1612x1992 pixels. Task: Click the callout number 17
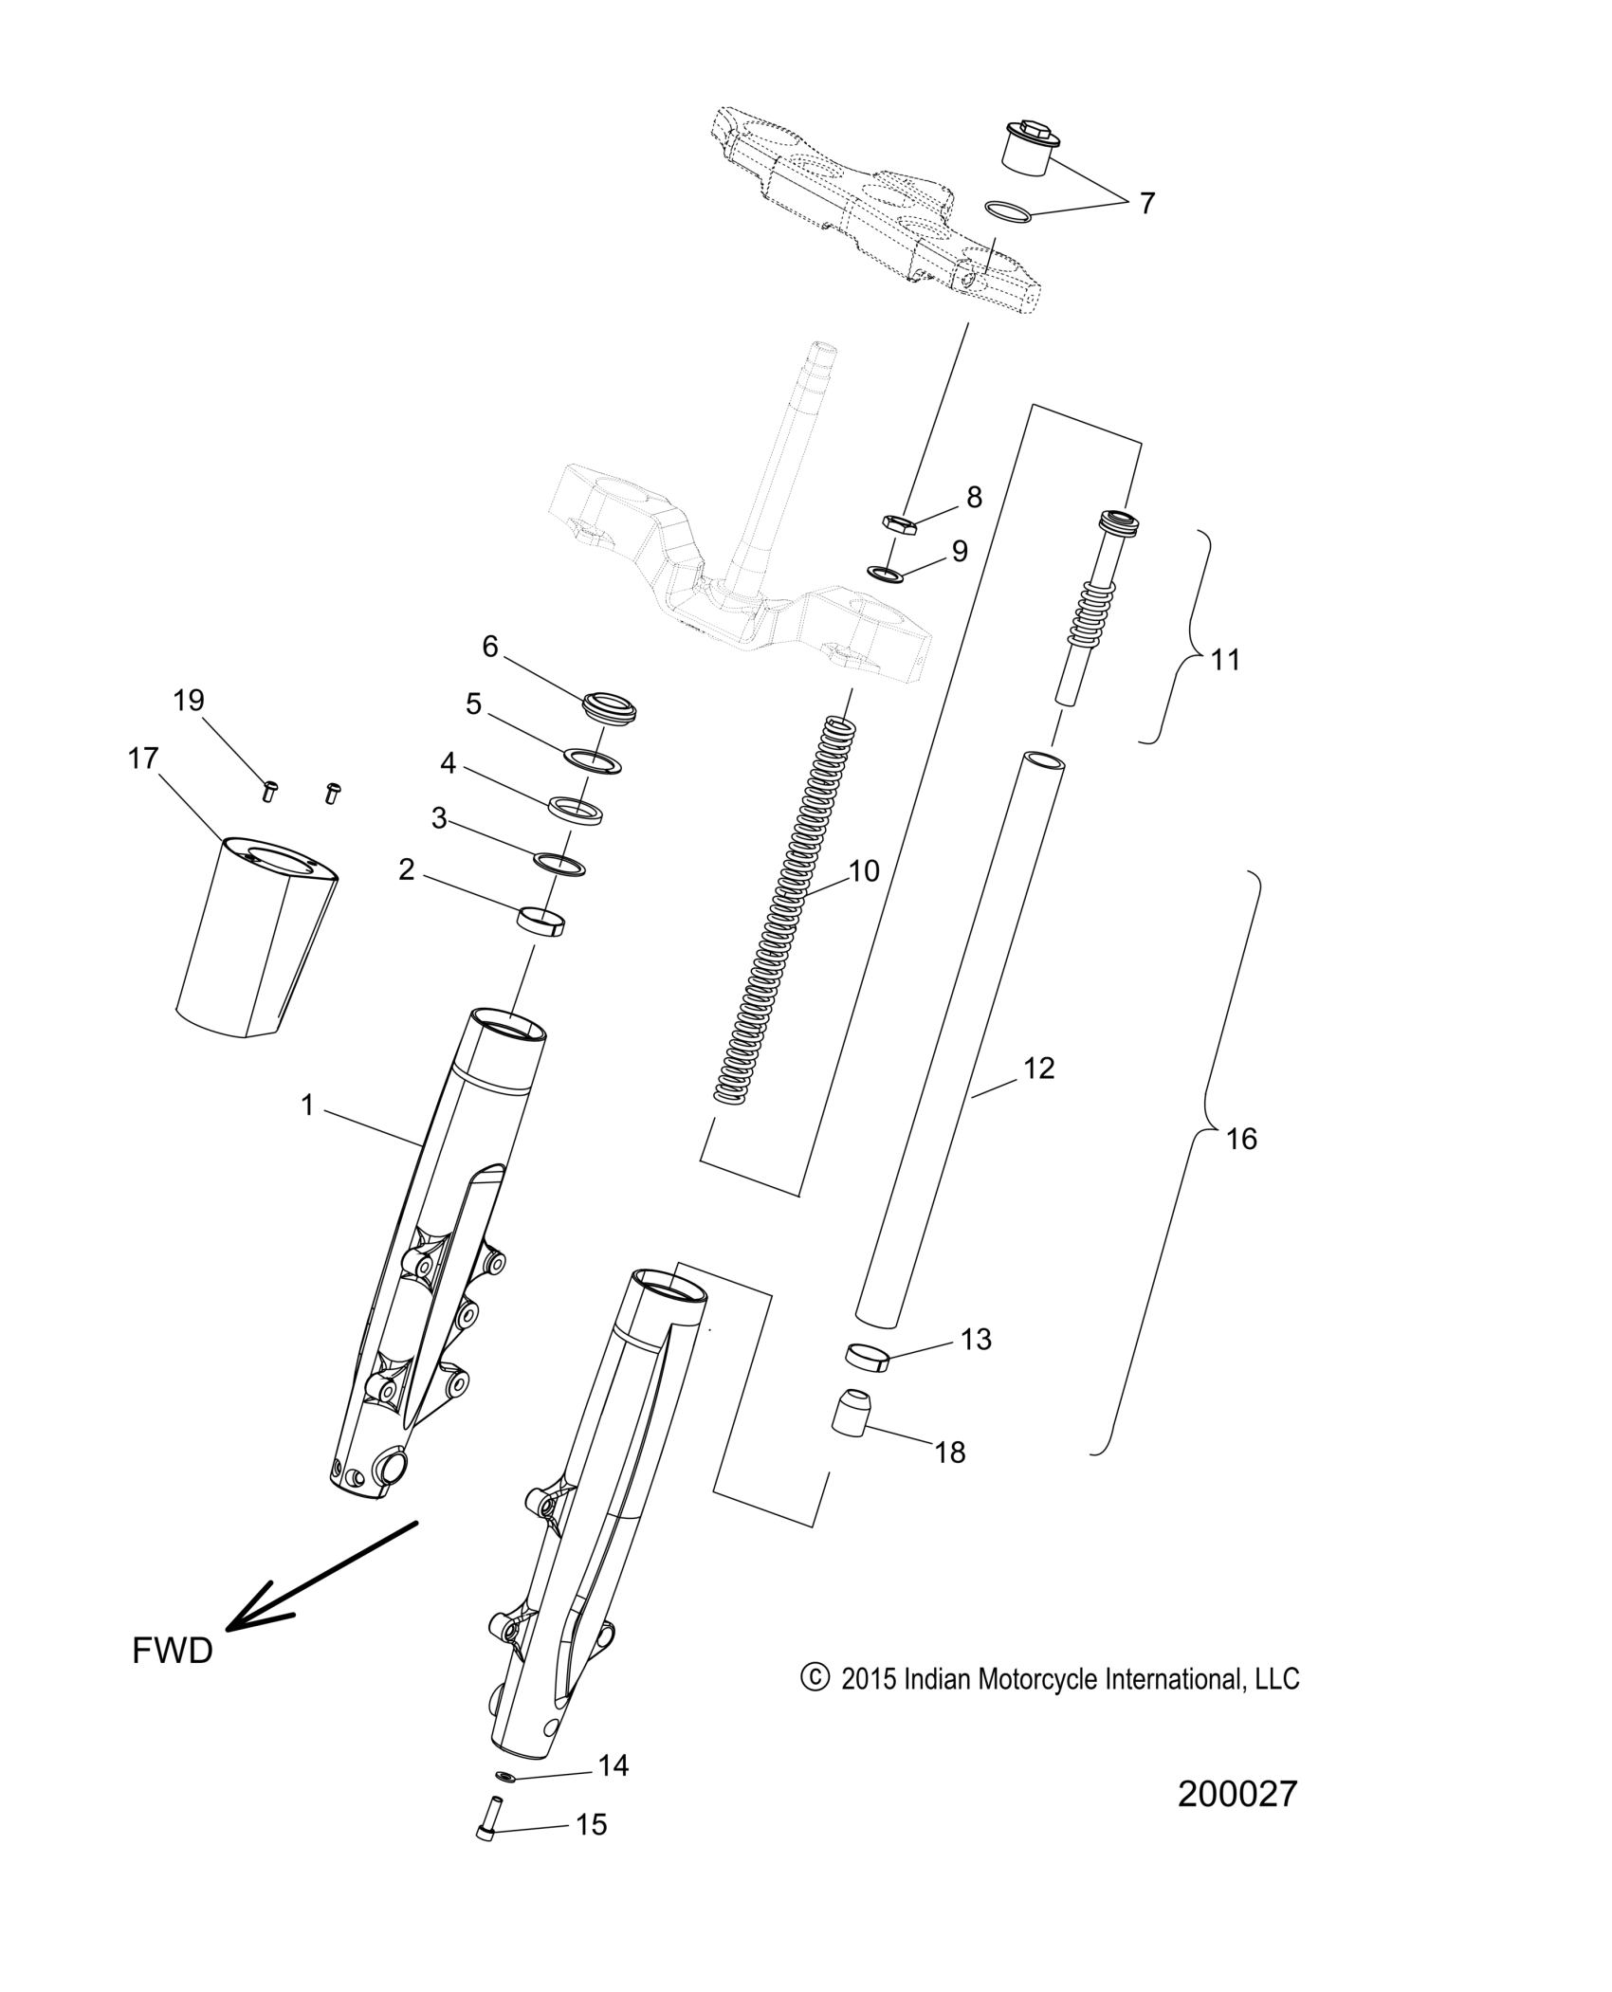pos(143,759)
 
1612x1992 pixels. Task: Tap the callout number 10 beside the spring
pos(864,870)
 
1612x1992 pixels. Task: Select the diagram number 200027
pos(1236,1794)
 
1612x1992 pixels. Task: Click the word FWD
pos(173,1651)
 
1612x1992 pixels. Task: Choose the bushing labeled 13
pos(864,1359)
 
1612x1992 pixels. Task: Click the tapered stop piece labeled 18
pos(850,1423)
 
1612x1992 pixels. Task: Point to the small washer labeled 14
pos(505,1775)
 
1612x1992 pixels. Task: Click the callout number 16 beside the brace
pos(1241,1138)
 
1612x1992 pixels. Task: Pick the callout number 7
pos(1146,203)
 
